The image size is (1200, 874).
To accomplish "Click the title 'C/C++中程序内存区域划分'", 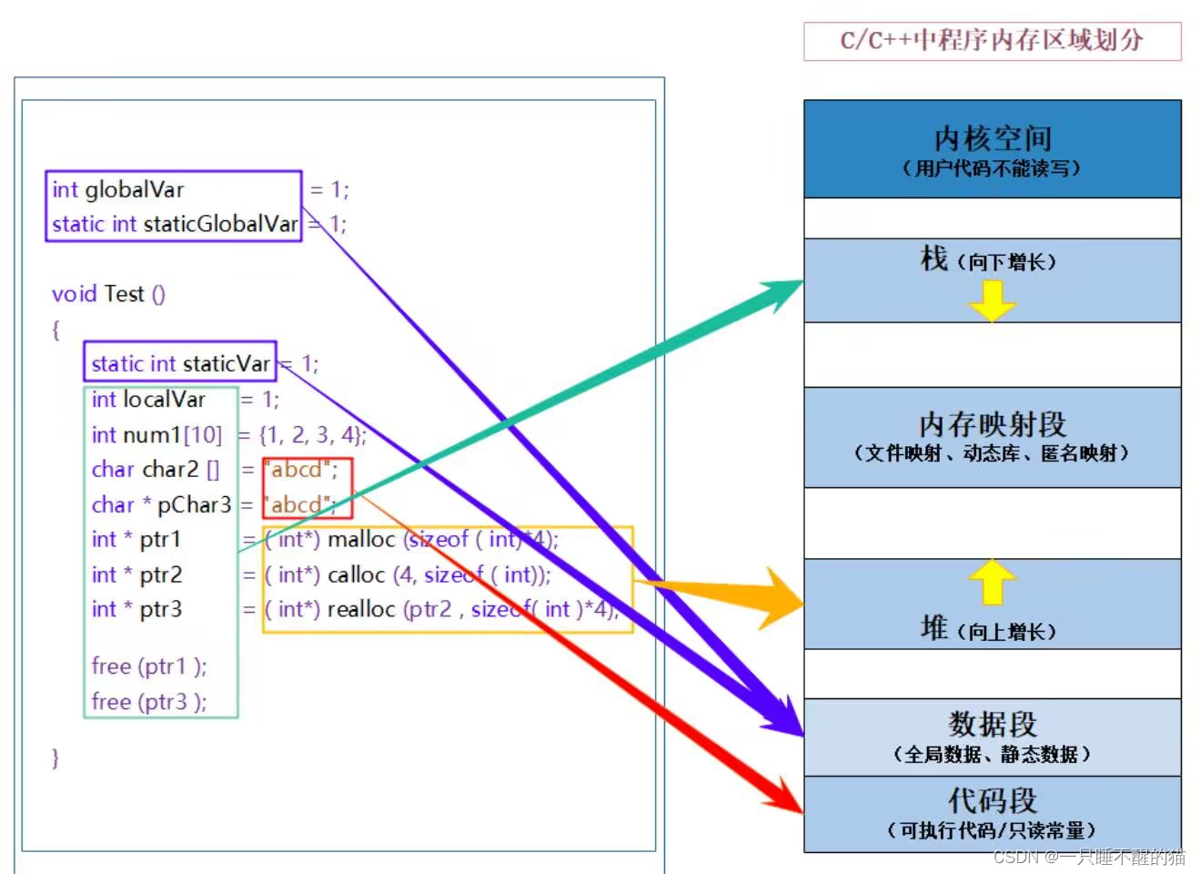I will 992,41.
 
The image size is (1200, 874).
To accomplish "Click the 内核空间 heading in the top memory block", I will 993,138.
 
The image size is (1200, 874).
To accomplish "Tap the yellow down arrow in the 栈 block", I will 992,300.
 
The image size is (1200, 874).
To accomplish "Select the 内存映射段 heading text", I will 992,424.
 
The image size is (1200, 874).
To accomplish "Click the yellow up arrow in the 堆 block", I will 992,581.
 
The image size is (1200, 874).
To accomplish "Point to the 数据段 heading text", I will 993,724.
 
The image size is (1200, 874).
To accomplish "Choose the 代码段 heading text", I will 993,800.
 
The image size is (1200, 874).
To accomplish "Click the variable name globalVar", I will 134,189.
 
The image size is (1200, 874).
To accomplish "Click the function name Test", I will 124,294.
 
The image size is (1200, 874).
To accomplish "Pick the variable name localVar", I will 164,400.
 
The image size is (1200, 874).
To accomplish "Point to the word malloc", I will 361,540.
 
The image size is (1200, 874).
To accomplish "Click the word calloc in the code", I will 357,575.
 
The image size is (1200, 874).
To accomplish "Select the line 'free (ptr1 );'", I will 149,666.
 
